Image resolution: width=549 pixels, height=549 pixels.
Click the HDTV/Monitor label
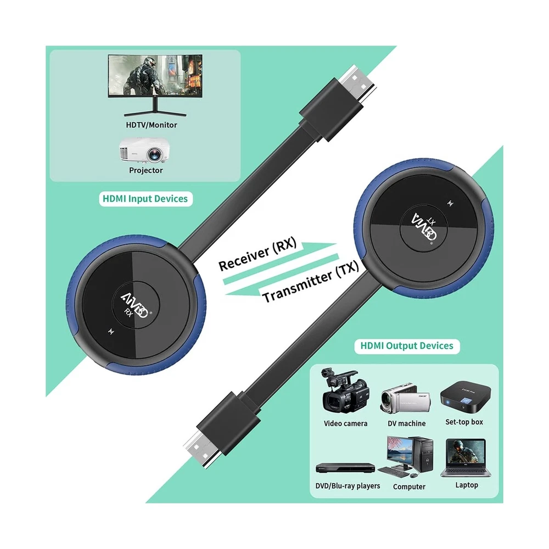click(152, 125)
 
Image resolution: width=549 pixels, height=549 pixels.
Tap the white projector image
click(144, 150)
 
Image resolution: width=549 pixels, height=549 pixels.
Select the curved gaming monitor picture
click(155, 85)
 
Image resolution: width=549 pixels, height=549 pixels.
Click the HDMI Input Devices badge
click(145, 199)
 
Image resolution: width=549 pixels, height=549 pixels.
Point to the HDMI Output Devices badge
click(407, 346)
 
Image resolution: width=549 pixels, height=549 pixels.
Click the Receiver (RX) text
click(257, 254)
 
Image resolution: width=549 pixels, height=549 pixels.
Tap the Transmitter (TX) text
click(311, 282)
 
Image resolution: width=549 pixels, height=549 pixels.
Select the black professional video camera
click(345, 391)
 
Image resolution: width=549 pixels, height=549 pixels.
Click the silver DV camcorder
click(406, 399)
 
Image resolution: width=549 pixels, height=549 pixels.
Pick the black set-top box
click(466, 397)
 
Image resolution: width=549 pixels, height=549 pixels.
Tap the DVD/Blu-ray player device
click(345, 468)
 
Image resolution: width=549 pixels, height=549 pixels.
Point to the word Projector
click(146, 171)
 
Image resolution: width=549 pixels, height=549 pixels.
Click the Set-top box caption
click(464, 422)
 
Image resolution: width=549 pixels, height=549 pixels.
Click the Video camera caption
click(345, 424)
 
